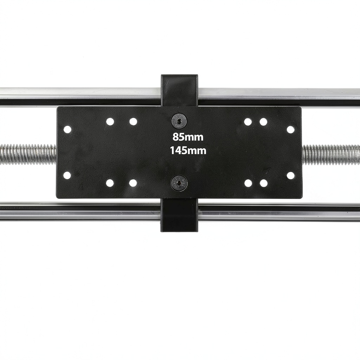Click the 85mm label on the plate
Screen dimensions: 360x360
click(188, 137)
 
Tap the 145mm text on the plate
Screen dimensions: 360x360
click(188, 150)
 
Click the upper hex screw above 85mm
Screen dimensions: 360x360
click(179, 121)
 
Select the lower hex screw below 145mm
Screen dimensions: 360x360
click(179, 183)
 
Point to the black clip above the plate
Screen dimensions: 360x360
click(179, 90)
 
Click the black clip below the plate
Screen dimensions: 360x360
click(179, 215)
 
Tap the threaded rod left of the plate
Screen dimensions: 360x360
click(28, 154)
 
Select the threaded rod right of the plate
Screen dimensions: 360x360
click(331, 155)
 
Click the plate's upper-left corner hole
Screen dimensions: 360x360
click(67, 129)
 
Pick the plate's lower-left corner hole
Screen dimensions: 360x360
click(67, 175)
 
